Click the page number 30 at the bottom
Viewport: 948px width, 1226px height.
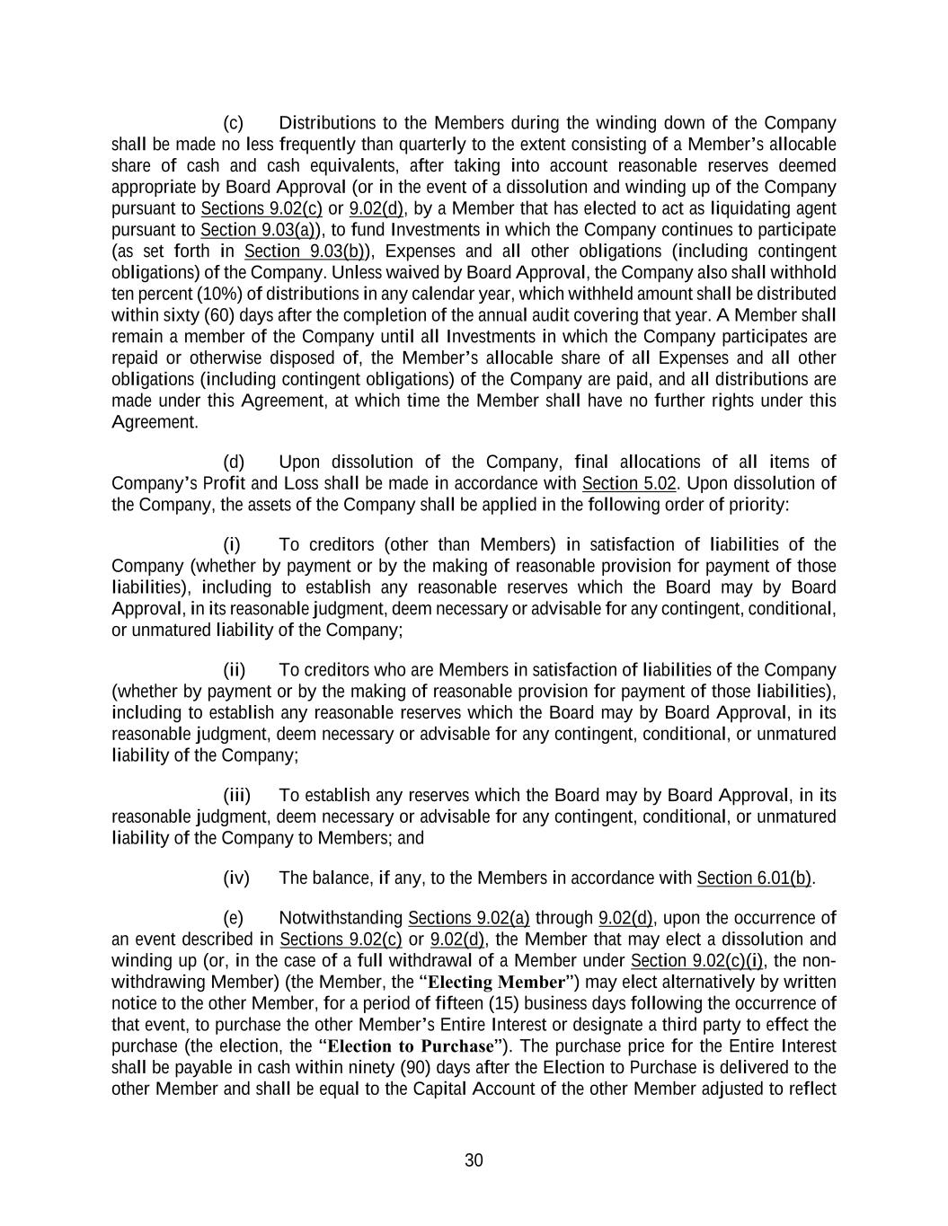point(474,1160)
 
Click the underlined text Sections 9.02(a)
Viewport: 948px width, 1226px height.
point(468,918)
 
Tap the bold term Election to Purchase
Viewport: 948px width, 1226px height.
point(410,1046)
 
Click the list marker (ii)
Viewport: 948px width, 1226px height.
point(235,670)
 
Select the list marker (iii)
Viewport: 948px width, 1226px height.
point(236,796)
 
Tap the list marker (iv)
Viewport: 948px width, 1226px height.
point(235,878)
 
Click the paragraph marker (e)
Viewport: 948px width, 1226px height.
point(233,918)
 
